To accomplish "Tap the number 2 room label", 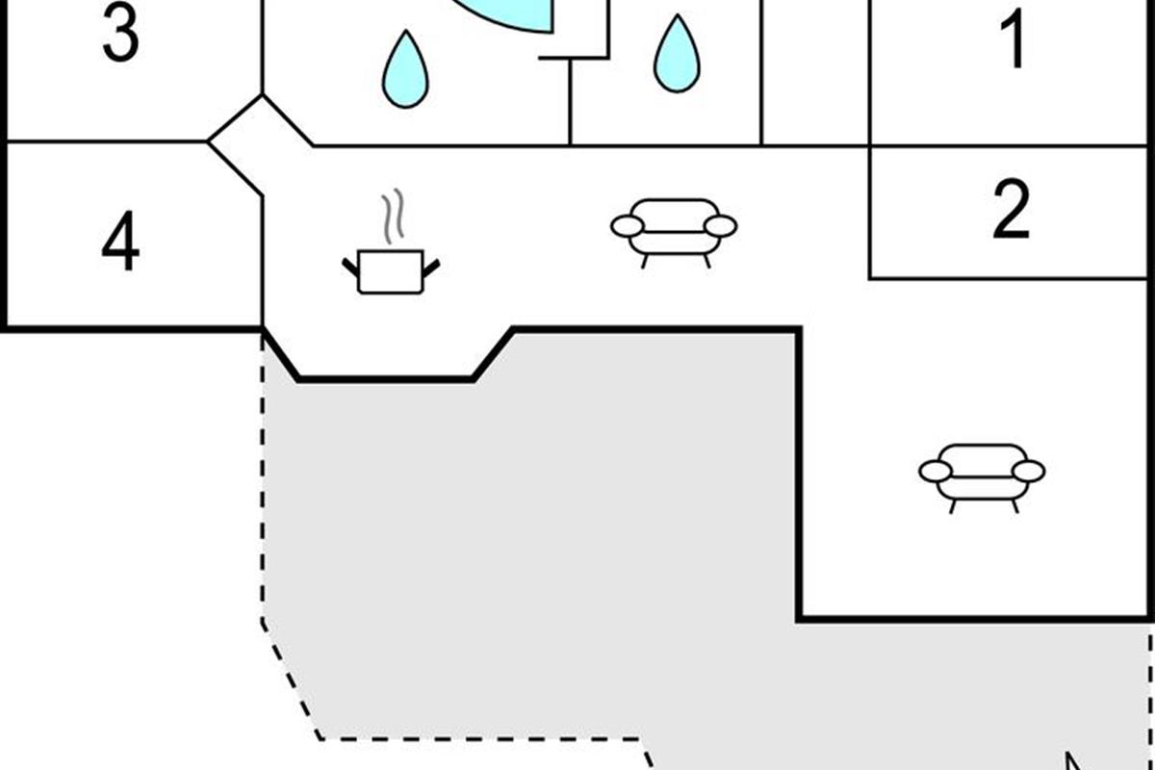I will coord(1011,209).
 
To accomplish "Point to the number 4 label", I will coord(119,244).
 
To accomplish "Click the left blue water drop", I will coord(405,70).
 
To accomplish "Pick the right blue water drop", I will coord(677,55).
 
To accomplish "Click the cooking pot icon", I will coord(391,270).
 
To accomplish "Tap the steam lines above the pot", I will coord(391,218).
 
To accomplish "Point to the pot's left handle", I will coord(350,263).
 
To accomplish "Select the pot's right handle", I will coord(431,263).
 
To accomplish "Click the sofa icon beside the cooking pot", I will coord(674,229).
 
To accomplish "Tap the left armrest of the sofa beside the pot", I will coord(626,226).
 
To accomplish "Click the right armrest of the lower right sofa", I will coord(1029,471).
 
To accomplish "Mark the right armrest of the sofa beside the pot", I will coord(722,226).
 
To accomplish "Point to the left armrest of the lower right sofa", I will coord(935,471).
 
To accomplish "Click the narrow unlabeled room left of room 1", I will coord(815,72).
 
